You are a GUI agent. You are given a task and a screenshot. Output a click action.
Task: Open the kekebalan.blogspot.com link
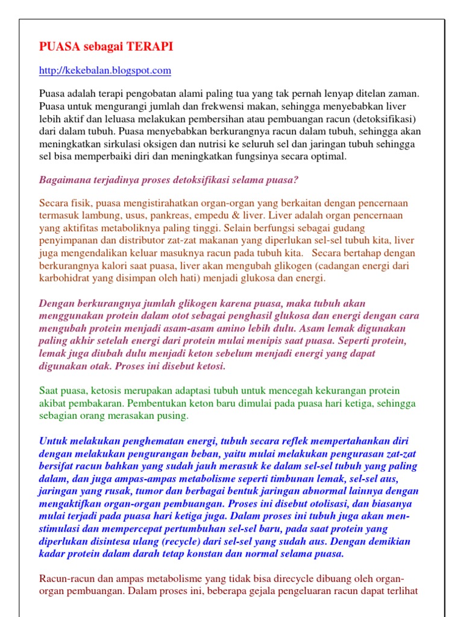[x=105, y=70]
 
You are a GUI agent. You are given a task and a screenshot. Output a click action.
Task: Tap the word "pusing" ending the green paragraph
[x=174, y=416]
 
